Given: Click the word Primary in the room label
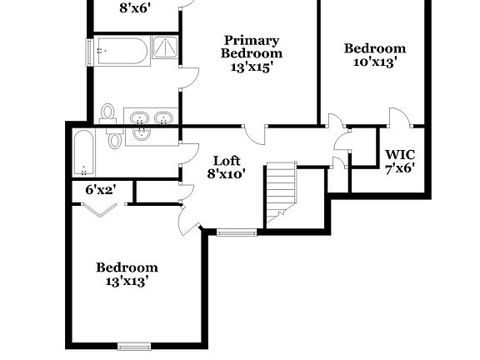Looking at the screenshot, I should coord(251,40).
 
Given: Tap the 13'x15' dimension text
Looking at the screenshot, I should coord(251,67).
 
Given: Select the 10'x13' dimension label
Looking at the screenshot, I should coord(375,62).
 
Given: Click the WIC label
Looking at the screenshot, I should coord(400,154).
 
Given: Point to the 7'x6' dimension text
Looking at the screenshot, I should coord(400,167).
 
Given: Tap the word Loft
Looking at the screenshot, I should coord(227,161).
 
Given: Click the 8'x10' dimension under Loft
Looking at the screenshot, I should coord(227,175).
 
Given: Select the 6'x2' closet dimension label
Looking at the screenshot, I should coord(101,190).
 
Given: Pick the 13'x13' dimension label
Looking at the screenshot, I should coord(127,281).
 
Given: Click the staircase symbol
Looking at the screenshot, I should coord(282,195).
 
